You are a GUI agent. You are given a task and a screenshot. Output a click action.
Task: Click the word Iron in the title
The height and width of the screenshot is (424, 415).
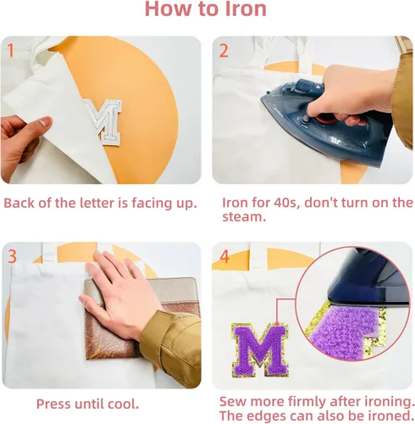click(x=246, y=8)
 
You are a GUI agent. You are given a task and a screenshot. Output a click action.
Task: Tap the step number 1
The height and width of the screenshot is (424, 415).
click(x=11, y=50)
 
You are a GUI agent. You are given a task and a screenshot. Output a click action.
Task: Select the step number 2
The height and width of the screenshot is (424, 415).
click(x=224, y=51)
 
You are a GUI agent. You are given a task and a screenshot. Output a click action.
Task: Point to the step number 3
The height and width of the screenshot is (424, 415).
click(x=12, y=256)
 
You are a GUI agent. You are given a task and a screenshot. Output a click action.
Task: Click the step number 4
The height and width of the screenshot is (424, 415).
click(x=224, y=257)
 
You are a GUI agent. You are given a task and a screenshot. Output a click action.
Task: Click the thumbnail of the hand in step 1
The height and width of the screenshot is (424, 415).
click(x=45, y=122)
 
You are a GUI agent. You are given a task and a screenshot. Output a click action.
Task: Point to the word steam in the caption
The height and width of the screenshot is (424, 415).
click(x=244, y=217)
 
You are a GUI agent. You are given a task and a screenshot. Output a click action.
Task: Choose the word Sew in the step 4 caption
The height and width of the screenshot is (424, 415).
click(x=233, y=401)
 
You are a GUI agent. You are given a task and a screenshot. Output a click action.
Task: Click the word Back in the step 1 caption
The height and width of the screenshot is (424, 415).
click(x=19, y=203)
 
